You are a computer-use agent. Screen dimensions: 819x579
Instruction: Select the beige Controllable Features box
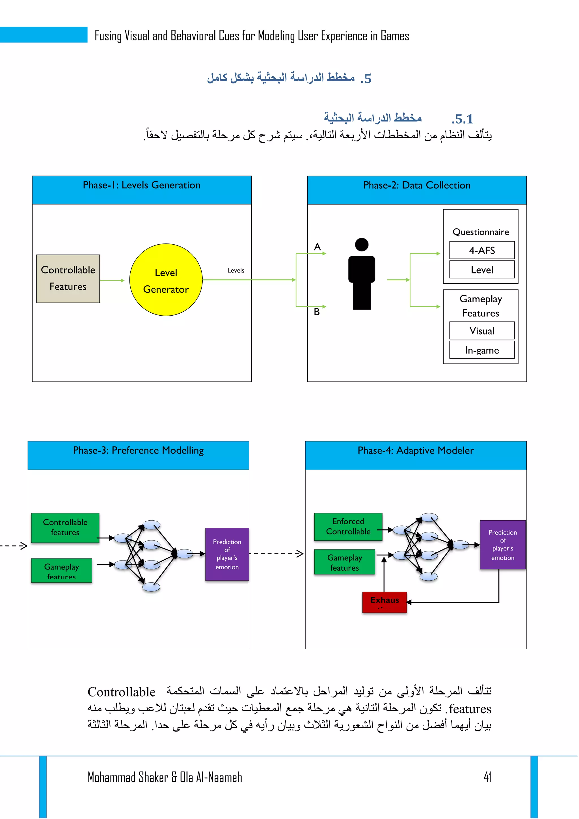pos(68,279)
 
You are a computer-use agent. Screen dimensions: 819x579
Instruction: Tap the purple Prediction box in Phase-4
pos(503,545)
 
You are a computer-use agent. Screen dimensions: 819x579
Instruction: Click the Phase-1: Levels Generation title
pos(142,185)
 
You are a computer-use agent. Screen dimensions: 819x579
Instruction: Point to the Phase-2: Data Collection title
pos(417,185)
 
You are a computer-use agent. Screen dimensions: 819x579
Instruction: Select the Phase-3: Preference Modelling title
pos(138,451)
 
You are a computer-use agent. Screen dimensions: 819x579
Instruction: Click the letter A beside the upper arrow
pos(317,247)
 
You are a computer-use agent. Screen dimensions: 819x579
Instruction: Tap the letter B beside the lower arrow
pos(317,312)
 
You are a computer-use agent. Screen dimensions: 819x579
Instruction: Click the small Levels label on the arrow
pos(236,270)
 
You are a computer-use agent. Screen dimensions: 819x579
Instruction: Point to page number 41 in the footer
pos(487,777)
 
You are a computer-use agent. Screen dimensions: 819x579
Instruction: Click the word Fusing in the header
pos(108,36)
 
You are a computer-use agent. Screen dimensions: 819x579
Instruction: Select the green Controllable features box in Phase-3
pos(65,527)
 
